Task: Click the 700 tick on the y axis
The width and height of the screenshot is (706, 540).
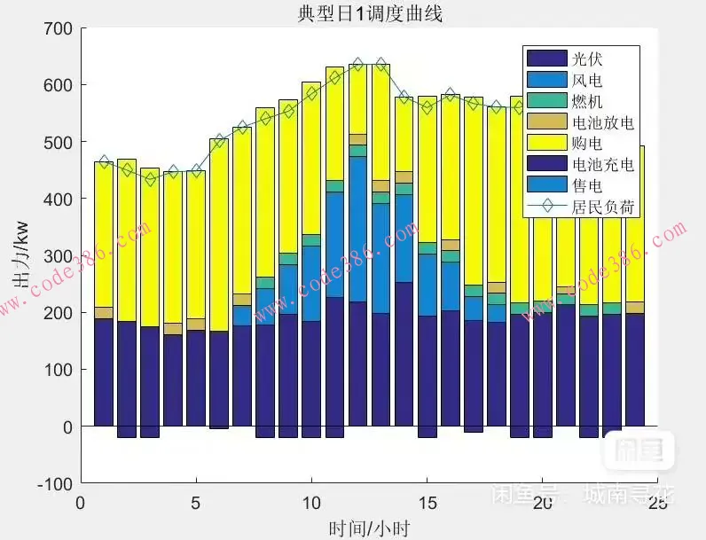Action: tap(58, 28)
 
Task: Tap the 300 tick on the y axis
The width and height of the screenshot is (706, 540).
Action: tap(58, 256)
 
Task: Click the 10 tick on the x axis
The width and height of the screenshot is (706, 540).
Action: tap(311, 502)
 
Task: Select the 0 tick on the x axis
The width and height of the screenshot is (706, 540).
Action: tap(81, 502)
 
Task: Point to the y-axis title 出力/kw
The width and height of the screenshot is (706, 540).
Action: tap(19, 256)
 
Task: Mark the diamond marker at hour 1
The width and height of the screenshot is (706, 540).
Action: tap(104, 162)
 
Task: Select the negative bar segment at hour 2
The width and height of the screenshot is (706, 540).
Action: tap(127, 432)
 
